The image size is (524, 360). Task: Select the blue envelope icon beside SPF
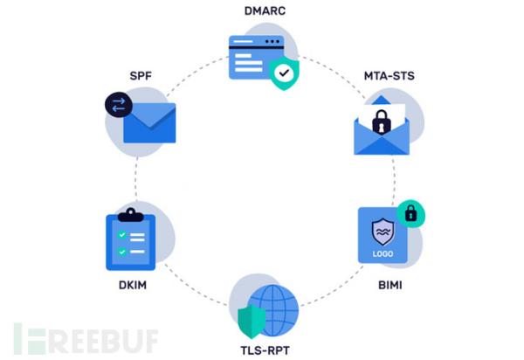(x=149, y=123)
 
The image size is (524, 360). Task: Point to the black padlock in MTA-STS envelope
(x=381, y=123)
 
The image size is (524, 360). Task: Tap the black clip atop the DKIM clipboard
(x=129, y=213)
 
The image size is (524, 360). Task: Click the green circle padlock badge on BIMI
(x=408, y=213)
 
